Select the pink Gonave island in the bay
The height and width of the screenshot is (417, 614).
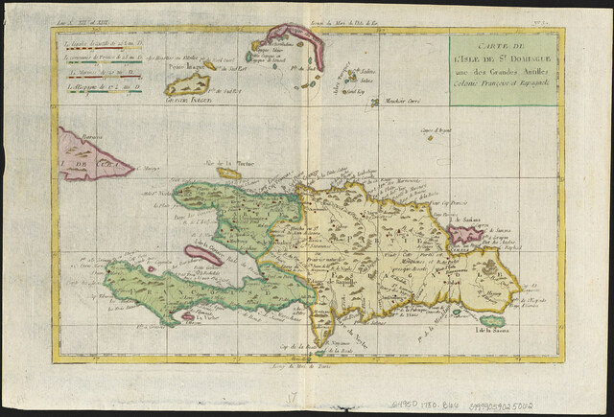[202, 255]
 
